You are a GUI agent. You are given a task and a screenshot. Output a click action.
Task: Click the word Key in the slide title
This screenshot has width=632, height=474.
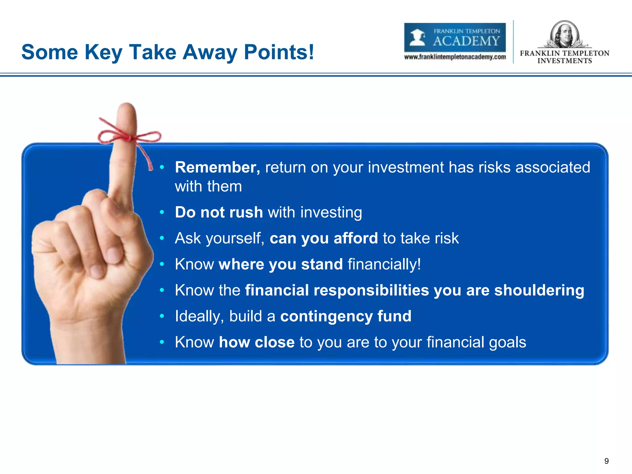click(103, 52)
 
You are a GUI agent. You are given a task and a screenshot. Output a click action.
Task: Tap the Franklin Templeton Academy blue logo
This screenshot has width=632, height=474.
click(455, 37)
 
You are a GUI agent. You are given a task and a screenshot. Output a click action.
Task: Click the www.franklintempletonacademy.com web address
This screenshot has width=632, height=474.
click(455, 57)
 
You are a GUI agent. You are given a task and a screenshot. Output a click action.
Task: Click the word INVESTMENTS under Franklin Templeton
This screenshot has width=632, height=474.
click(564, 61)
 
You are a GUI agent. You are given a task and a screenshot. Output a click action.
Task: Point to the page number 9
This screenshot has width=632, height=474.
click(606, 461)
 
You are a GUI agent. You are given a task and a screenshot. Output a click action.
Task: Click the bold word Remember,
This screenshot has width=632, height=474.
click(218, 167)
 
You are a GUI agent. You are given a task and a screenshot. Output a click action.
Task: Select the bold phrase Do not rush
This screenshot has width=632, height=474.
click(218, 212)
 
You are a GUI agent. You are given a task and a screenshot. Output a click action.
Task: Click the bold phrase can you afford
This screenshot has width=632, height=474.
click(324, 238)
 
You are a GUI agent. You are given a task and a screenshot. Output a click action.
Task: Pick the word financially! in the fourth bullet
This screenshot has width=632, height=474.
click(384, 264)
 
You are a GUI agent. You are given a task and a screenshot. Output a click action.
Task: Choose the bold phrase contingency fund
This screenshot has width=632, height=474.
click(346, 316)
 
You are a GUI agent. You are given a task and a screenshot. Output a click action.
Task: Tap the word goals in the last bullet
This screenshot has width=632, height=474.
click(507, 342)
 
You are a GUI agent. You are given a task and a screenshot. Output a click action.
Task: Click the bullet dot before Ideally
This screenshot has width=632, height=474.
click(162, 316)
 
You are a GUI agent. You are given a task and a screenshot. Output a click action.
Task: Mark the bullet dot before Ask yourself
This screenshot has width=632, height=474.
click(162, 238)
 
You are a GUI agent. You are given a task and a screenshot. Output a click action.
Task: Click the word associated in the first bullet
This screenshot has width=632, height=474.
click(552, 167)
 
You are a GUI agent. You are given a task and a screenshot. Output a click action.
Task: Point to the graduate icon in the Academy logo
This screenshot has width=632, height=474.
click(418, 37)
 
